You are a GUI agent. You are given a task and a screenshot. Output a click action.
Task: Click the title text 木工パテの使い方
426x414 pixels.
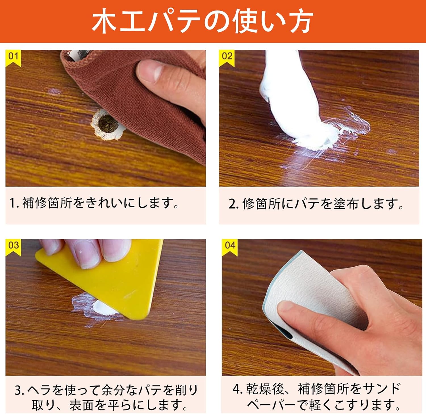pyautogui.click(x=202, y=21)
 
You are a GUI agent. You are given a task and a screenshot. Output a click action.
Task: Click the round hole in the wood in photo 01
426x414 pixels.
pyautogui.click(x=108, y=124)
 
